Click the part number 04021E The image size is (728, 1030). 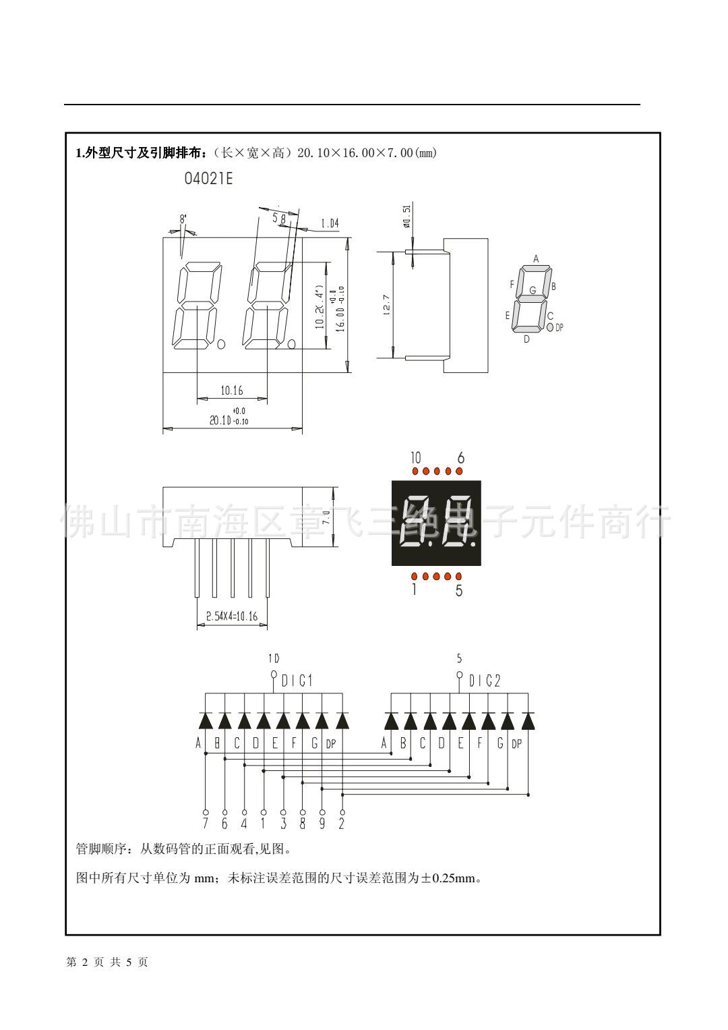point(208,179)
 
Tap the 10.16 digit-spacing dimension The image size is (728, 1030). point(231,390)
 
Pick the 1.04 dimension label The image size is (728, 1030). point(329,223)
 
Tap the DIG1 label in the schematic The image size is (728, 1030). point(297,681)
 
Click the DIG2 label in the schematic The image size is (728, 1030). point(485,681)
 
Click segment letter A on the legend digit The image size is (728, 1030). point(536,258)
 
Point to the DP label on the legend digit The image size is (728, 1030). point(559,327)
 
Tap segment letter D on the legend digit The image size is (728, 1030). point(526,339)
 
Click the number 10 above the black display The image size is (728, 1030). point(416,458)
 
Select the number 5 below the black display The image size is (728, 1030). point(459,591)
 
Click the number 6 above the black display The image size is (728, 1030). point(460,458)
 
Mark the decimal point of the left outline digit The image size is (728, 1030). point(220,345)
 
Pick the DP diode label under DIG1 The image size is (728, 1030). point(331,744)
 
